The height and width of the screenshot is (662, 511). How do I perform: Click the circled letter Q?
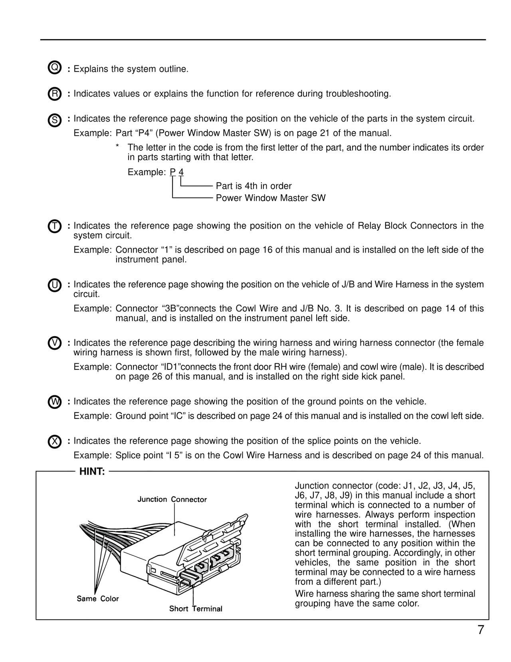point(54,68)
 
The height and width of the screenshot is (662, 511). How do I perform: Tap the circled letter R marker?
point(54,94)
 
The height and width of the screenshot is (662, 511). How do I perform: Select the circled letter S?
point(54,120)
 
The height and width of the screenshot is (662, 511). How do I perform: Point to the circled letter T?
point(54,226)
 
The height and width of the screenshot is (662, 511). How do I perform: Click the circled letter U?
point(54,285)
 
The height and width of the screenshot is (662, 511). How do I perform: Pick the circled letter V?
point(54,343)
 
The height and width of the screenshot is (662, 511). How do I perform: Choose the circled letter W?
point(54,402)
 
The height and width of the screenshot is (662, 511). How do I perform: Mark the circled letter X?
point(54,442)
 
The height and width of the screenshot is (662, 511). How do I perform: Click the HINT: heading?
point(92,472)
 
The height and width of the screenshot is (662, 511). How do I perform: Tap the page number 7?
point(481,630)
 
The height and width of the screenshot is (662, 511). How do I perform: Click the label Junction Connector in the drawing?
point(172,499)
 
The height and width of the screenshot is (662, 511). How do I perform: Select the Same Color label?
point(98,598)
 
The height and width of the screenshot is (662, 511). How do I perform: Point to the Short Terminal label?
point(196,608)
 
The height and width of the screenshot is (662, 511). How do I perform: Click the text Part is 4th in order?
point(254,186)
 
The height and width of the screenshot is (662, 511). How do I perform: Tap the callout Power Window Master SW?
point(270,198)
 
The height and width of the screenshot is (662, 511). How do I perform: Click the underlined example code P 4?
point(177,172)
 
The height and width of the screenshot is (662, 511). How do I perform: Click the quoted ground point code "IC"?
point(176,416)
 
